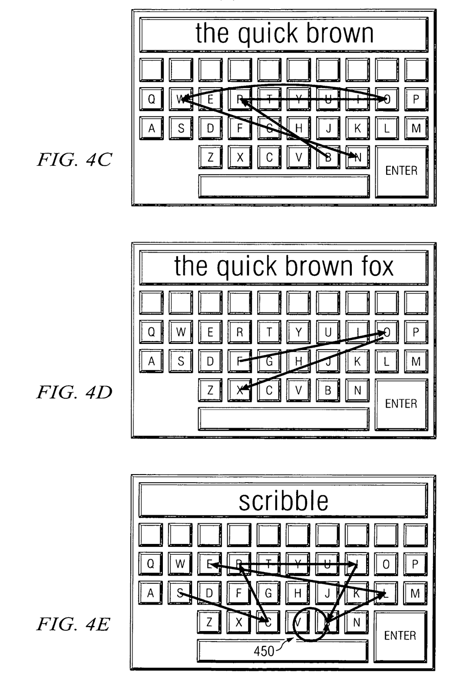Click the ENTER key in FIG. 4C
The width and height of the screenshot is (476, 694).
click(x=401, y=171)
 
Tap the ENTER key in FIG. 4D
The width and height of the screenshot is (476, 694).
click(x=401, y=404)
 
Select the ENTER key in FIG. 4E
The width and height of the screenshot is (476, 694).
click(x=400, y=636)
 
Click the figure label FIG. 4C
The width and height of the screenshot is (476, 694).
click(x=74, y=160)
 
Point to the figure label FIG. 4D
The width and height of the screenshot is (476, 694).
click(x=74, y=393)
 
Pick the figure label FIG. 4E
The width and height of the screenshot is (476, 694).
click(x=73, y=625)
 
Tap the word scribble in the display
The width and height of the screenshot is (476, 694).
click(x=283, y=501)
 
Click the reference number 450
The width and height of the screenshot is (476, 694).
click(x=264, y=651)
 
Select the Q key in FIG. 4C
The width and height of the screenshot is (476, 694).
click(x=152, y=99)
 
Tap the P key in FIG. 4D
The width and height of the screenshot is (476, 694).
click(x=416, y=332)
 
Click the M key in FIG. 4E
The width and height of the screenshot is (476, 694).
click(x=415, y=593)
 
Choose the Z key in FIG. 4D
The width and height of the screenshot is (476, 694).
click(x=210, y=390)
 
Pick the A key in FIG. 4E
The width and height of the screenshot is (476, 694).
click(x=150, y=593)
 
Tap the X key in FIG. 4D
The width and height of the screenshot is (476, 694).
click(x=240, y=390)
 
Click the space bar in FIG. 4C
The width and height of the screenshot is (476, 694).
click(x=284, y=186)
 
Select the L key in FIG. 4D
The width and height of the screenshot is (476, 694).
click(x=387, y=361)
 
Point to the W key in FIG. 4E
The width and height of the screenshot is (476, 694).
click(x=180, y=564)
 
